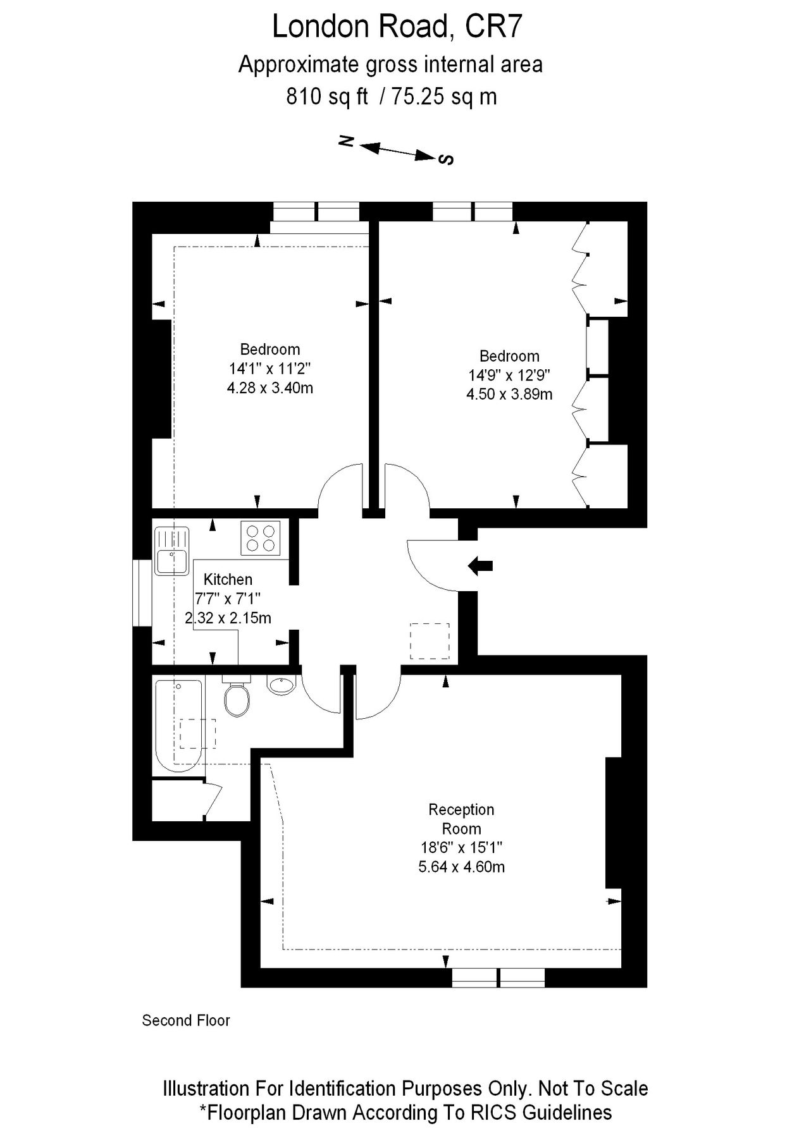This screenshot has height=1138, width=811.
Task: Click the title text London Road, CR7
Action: coord(397,27)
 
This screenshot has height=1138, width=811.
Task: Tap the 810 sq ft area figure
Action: coord(327,97)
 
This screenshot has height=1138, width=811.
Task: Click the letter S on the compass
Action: coord(447,159)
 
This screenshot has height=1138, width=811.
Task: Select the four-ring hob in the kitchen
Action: coord(261,538)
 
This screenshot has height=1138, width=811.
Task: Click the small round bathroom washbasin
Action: coord(282,685)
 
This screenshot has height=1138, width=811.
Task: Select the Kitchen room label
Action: coord(228,579)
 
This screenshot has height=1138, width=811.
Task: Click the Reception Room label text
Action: coord(461,819)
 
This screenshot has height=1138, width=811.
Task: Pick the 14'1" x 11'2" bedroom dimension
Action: coord(270,369)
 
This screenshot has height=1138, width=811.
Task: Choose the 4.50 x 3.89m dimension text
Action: coord(509,395)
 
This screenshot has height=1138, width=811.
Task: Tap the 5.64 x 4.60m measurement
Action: coord(461,867)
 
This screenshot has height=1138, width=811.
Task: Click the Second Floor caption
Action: coord(186,1020)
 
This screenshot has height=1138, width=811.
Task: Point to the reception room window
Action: coord(498,977)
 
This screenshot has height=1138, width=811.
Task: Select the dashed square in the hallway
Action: coord(430,641)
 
